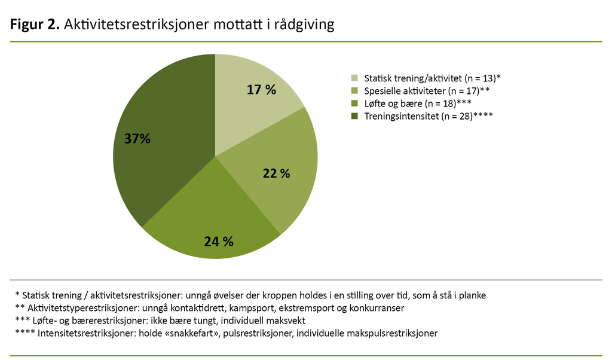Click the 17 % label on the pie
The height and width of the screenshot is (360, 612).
tap(261, 90)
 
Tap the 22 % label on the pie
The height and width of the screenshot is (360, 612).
tap(276, 173)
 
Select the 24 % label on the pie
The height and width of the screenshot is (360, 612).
tap(218, 242)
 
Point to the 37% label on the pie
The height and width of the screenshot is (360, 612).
tap(137, 139)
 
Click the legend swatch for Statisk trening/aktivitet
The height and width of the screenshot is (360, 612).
tap(354, 78)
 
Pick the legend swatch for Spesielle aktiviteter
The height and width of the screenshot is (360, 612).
tap(354, 91)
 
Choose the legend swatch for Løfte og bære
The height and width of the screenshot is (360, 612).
tap(354, 103)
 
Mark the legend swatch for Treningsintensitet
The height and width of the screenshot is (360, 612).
tap(354, 115)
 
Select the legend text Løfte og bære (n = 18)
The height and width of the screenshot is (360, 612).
tap(409, 103)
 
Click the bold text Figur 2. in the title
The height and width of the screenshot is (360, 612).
tap(34, 25)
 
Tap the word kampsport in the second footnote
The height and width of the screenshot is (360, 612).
tap(255, 308)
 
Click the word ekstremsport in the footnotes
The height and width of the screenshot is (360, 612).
tap(306, 308)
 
